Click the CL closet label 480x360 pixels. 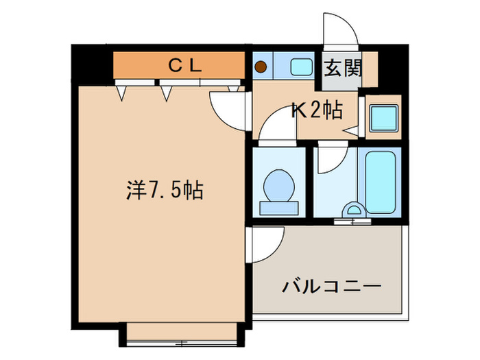pyautogui.click(x=184, y=66)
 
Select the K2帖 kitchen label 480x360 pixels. pyautogui.click(x=317, y=110)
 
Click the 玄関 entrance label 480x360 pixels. pyautogui.click(x=340, y=69)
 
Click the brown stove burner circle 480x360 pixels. pyautogui.click(x=261, y=67)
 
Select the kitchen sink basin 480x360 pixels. pyautogui.click(x=300, y=67)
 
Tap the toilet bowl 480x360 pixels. pyautogui.click(x=278, y=184)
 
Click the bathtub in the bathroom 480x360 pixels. pyautogui.click(x=381, y=182)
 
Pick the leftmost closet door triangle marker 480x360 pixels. pyautogui.click(x=122, y=91)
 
